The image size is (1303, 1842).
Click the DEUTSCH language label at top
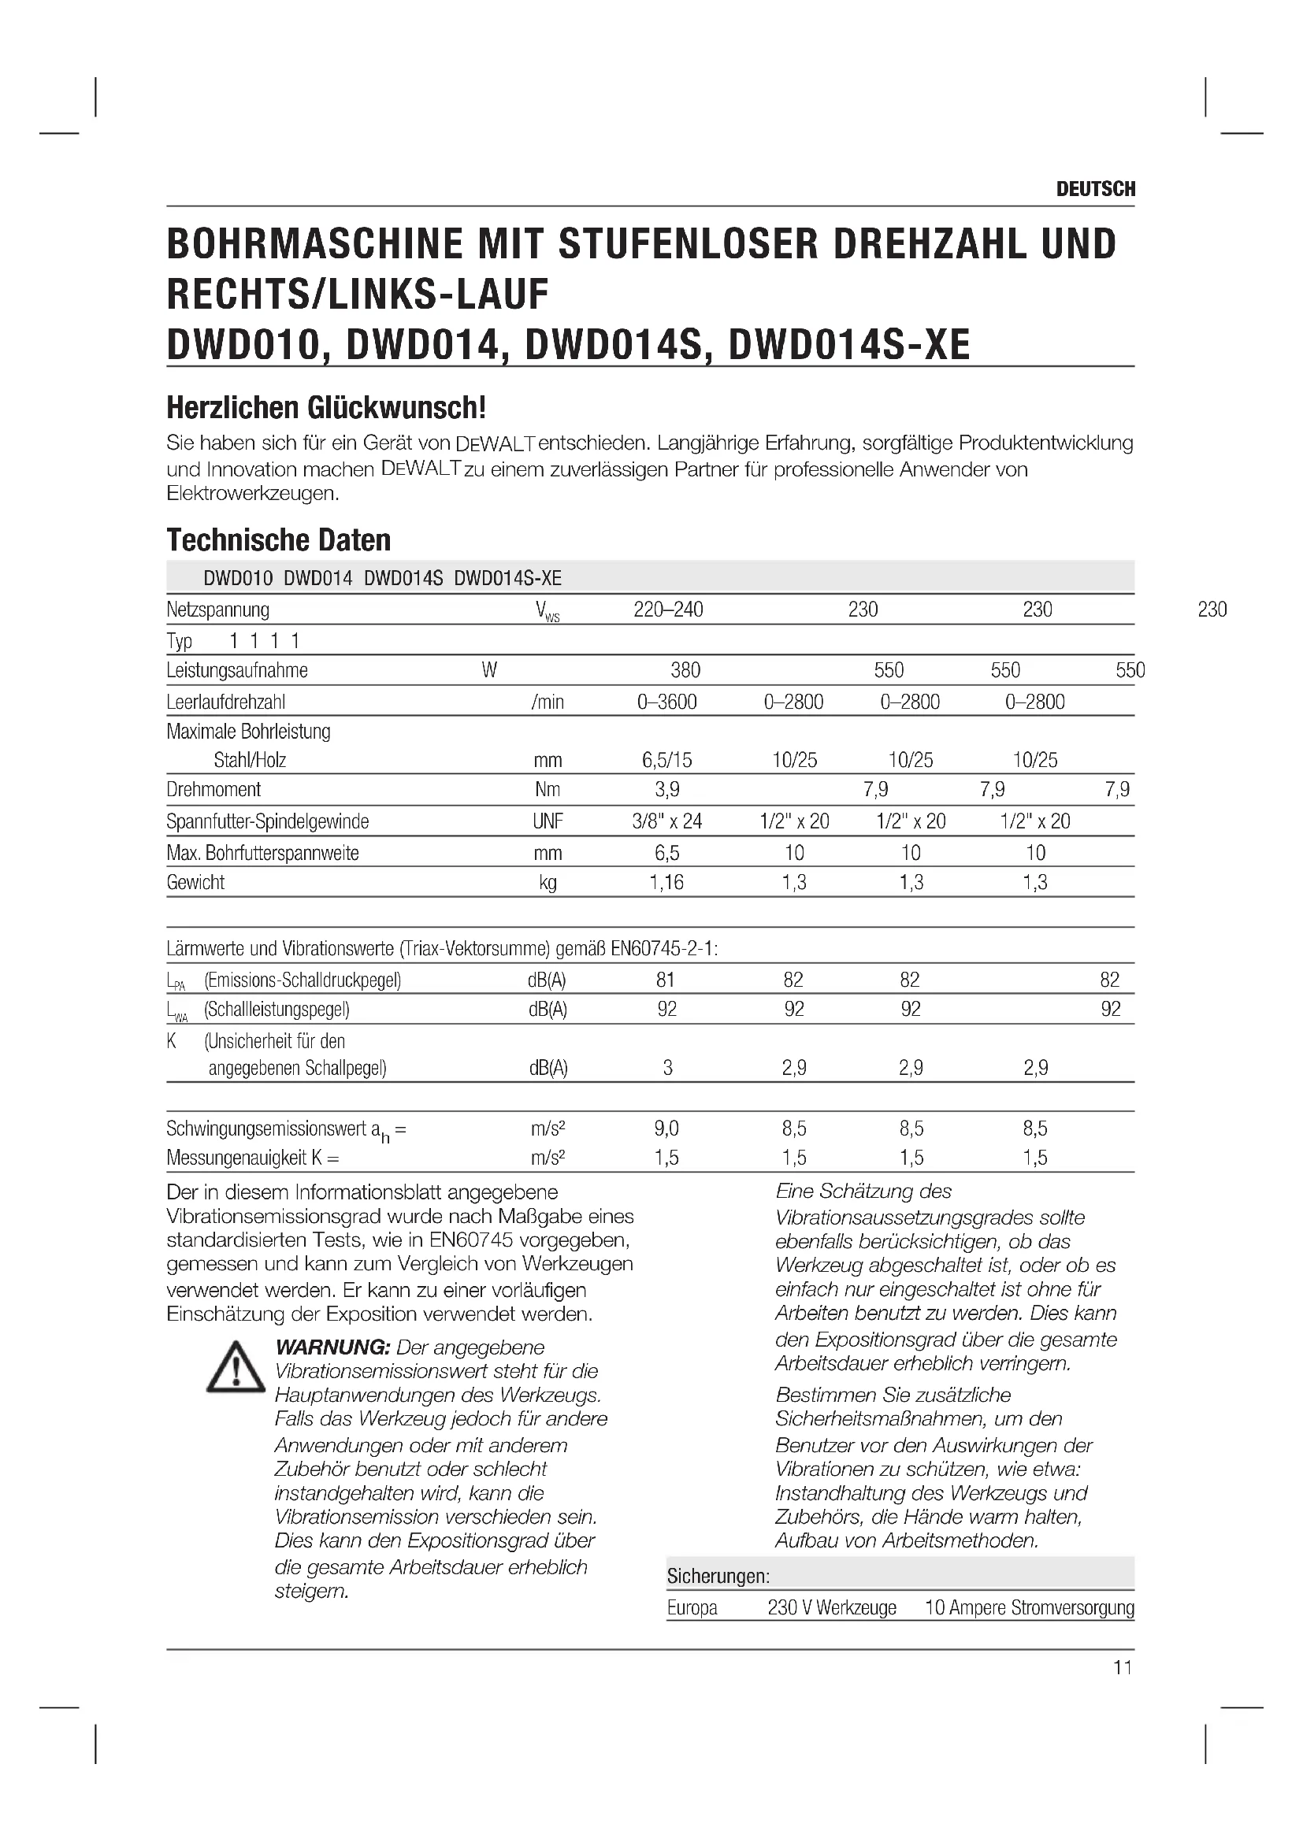click(1095, 189)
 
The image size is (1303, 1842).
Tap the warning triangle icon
click(235, 1366)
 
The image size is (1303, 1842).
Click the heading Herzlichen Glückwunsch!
click(326, 408)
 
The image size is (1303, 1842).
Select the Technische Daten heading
click(278, 540)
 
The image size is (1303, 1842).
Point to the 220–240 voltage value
click(667, 610)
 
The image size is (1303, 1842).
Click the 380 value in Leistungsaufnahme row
click(685, 671)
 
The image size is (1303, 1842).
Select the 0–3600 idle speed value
click(666, 702)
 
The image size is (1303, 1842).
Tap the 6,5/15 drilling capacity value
click(666, 760)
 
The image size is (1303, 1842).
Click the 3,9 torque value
click(666, 789)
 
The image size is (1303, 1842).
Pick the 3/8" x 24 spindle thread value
click(666, 821)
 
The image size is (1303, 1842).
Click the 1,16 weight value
click(666, 883)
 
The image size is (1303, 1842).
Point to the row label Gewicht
click(196, 883)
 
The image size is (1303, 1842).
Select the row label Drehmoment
click(213, 789)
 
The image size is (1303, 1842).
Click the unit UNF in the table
click(548, 821)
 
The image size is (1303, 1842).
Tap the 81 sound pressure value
click(665, 980)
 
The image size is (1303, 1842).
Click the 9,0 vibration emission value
click(666, 1129)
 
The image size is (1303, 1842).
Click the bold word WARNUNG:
click(332, 1347)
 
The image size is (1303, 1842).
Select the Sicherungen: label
click(718, 1576)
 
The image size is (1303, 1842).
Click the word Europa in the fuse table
click(692, 1608)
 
